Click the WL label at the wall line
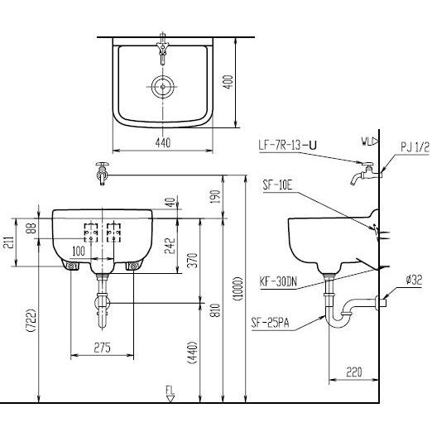click(367, 142)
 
